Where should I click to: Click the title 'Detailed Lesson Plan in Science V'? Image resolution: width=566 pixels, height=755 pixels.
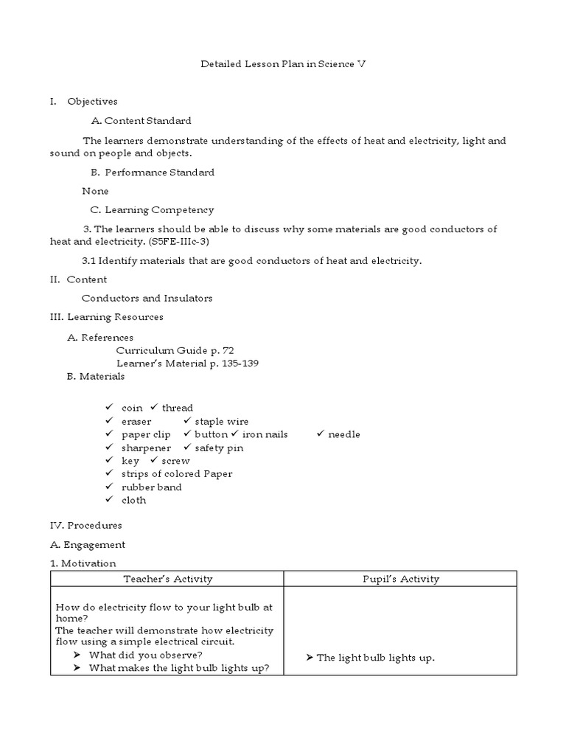(283, 64)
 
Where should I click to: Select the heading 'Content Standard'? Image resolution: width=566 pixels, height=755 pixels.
(147, 121)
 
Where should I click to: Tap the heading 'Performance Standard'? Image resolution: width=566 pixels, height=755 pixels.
(159, 173)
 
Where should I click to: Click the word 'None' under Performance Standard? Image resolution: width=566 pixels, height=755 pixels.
(95, 191)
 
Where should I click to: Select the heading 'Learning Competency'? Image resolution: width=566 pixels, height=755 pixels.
(159, 210)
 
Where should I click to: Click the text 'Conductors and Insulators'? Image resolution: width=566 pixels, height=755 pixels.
(147, 298)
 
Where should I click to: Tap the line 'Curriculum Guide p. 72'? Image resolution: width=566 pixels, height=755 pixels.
(175, 350)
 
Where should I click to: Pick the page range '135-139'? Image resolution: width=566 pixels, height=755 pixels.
(235, 363)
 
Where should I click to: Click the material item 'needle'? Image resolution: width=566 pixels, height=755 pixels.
(343, 434)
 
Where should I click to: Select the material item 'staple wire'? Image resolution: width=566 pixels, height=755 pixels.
(221, 421)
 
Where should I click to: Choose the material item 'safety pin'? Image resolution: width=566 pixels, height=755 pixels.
(219, 448)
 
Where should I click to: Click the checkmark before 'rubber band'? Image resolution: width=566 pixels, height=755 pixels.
(108, 487)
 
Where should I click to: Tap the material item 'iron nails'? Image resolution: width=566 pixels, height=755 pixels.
(265, 434)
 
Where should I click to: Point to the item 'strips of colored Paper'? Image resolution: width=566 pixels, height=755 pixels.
(177, 474)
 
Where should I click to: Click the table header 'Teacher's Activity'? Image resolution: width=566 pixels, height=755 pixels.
(167, 579)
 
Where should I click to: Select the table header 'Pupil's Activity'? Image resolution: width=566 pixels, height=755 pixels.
(402, 579)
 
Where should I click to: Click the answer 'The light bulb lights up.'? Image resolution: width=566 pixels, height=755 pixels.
(375, 658)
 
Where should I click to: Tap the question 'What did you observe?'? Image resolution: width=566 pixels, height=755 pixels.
(145, 655)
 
